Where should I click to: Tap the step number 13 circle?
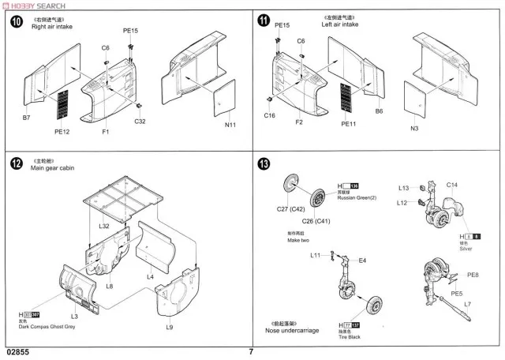[264, 164]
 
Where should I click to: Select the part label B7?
[26, 118]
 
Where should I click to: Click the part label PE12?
[62, 132]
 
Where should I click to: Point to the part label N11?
[230, 125]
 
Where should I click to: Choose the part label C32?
[140, 121]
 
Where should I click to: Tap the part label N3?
[415, 129]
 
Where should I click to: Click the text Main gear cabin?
[57, 168]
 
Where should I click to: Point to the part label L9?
[169, 327]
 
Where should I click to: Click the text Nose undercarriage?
[294, 330]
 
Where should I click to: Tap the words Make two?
[298, 240]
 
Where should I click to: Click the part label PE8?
[473, 275]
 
